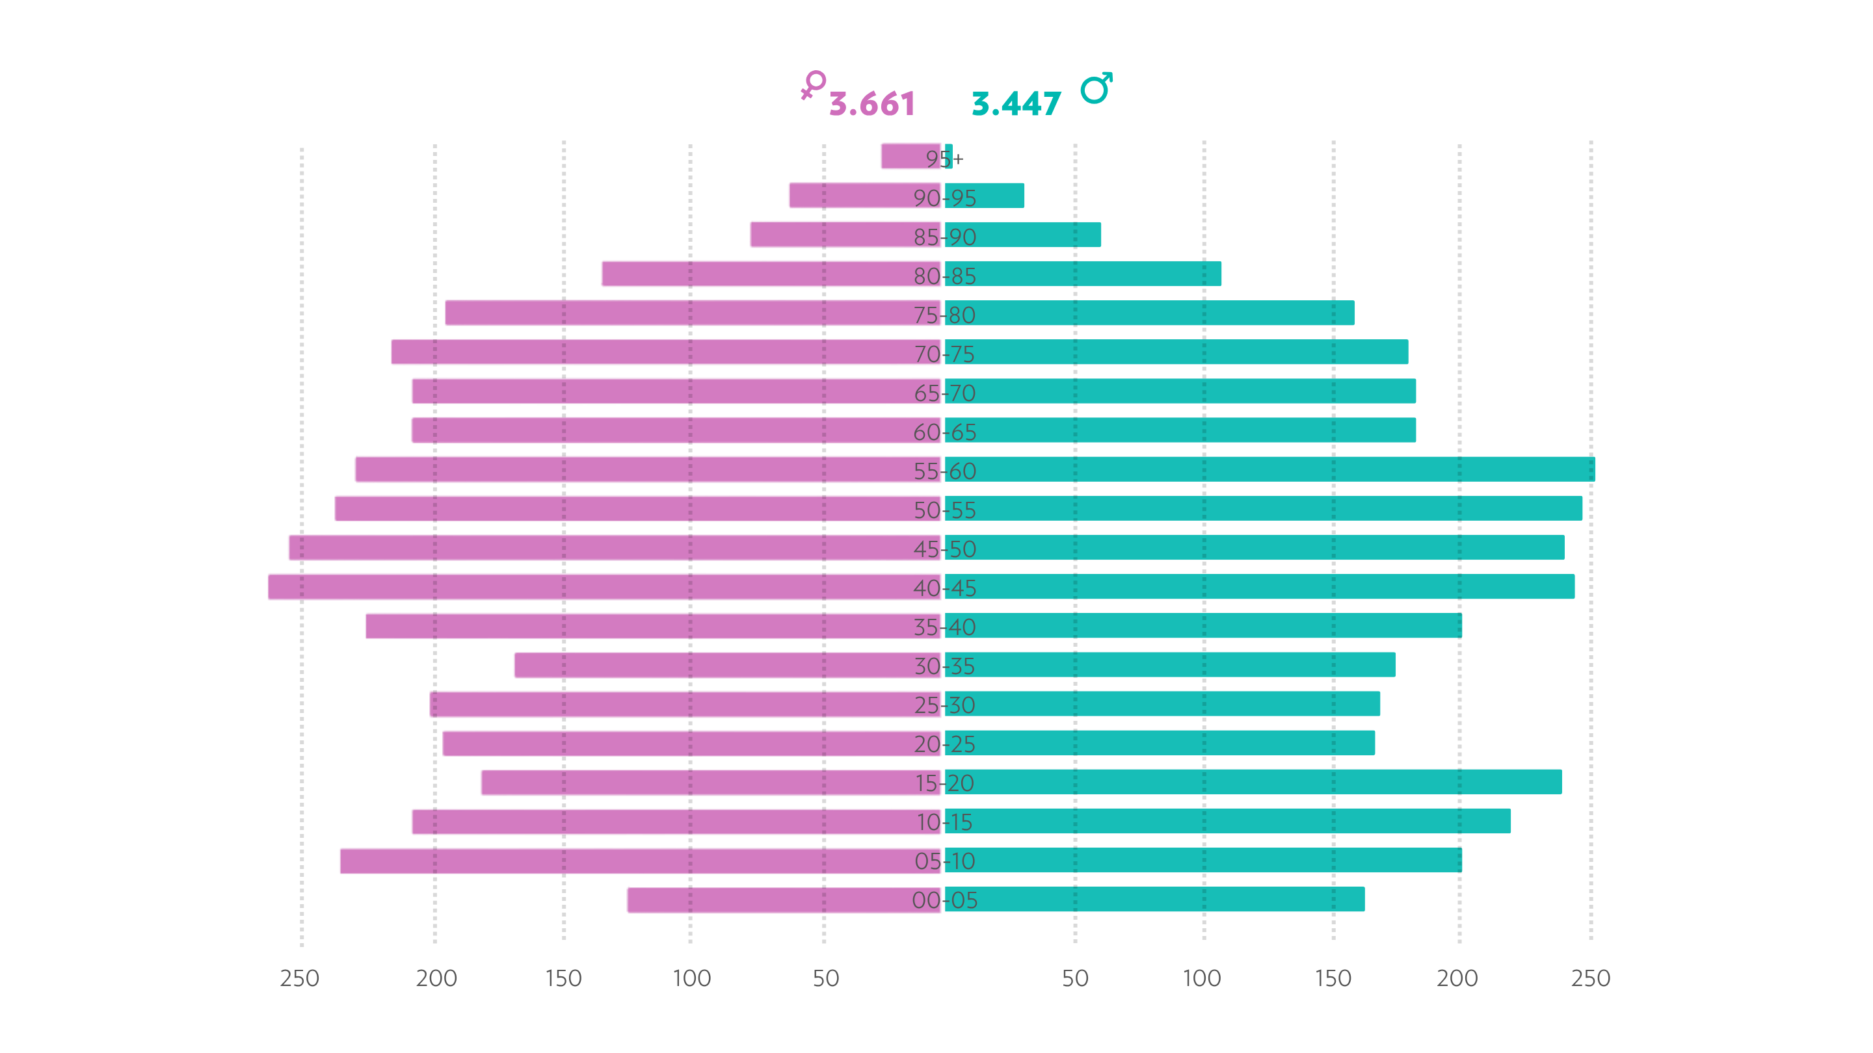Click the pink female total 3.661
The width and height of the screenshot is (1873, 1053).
[x=871, y=104]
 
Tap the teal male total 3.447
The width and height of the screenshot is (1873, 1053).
[x=1016, y=104]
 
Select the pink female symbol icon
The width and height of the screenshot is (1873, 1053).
[x=813, y=84]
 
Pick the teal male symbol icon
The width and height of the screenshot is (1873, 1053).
[x=1096, y=88]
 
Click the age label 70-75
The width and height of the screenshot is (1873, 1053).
[x=944, y=354]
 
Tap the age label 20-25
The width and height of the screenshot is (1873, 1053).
[x=944, y=744]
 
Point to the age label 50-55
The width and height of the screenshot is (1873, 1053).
[x=944, y=510]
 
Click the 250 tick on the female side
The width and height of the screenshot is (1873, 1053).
[x=300, y=978]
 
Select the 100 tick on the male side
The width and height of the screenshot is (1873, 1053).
[x=1202, y=978]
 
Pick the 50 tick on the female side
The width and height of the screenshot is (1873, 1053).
[x=825, y=978]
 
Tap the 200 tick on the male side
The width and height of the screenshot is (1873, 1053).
[x=1457, y=978]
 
